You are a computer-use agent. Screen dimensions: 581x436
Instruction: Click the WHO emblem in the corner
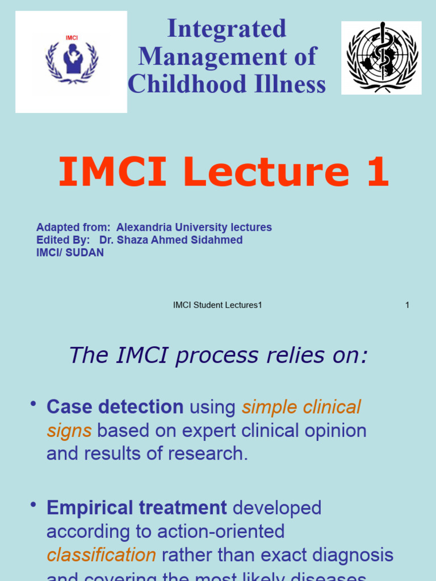pos(381,57)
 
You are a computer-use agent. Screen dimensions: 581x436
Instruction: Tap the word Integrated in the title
pos(227,29)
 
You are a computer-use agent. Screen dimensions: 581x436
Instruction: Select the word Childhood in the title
pos(184,84)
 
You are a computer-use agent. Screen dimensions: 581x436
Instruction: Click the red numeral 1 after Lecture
pos(377,172)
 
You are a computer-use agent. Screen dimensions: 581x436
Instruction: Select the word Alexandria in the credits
pos(144,228)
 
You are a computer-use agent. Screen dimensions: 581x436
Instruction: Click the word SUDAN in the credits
pos(85,252)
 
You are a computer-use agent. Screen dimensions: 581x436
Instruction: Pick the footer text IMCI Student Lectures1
pos(217,305)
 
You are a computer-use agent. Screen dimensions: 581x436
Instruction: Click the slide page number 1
pos(407,305)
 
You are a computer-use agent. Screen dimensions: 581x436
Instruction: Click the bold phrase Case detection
pos(115,407)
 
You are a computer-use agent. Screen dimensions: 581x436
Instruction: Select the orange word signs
pos(69,431)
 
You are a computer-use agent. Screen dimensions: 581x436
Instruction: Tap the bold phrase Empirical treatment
pos(136,508)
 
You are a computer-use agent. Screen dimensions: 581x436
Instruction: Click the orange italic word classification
pos(101,555)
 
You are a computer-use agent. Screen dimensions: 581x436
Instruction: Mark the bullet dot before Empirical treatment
pos(33,505)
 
